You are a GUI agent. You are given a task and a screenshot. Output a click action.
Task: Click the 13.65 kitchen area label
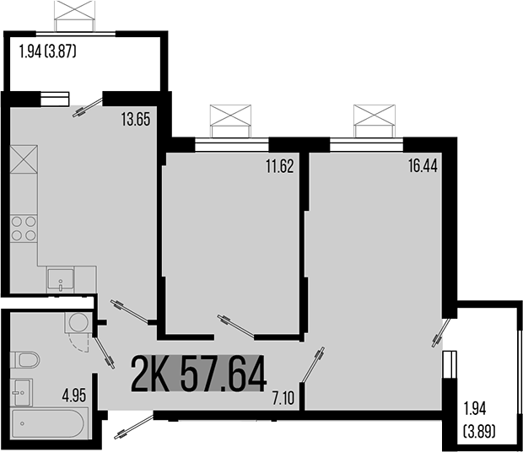click(x=135, y=120)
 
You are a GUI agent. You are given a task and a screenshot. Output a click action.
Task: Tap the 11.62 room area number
click(x=279, y=166)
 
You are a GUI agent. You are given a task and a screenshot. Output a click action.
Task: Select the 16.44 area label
click(x=422, y=166)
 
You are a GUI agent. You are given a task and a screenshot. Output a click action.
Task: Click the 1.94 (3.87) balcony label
click(x=47, y=51)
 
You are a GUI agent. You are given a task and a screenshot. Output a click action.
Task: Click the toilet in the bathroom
click(x=26, y=360)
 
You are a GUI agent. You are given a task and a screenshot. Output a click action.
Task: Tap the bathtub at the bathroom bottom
click(x=48, y=422)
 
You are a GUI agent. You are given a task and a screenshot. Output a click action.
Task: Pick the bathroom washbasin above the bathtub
click(x=23, y=391)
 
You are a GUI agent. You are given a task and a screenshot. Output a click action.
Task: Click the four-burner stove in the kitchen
click(x=24, y=229)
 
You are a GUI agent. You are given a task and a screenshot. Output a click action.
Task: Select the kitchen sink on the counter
click(x=59, y=278)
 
